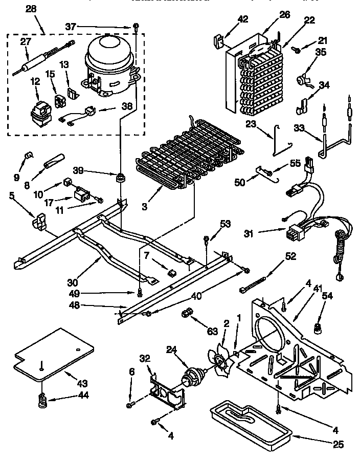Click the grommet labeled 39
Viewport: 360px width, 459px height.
[x=121, y=179]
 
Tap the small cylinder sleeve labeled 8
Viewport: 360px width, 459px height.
[x=53, y=163]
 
